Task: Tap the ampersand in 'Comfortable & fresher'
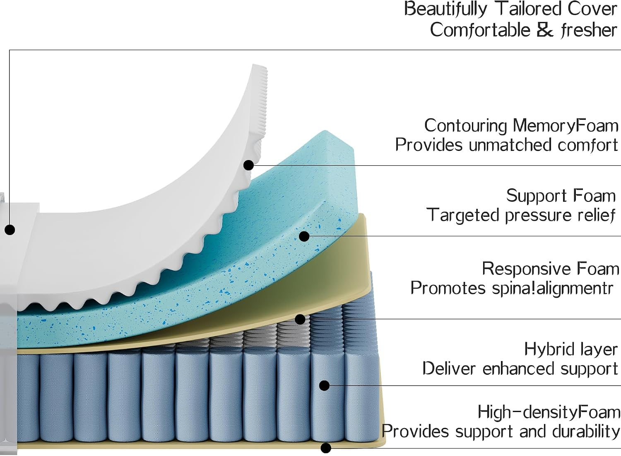pyautogui.click(x=545, y=30)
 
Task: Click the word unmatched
pyautogui.click(x=510, y=145)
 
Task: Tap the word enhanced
pyautogui.click(x=519, y=369)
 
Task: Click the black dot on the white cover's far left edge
pyautogui.click(x=10, y=230)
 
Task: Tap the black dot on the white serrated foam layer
pyautogui.click(x=249, y=165)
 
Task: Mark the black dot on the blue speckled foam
pyautogui.click(x=304, y=236)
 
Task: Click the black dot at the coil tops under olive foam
pyautogui.click(x=300, y=319)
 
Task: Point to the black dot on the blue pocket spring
pyautogui.click(x=324, y=386)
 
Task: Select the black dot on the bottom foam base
pyautogui.click(x=326, y=448)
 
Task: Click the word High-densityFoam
pyautogui.click(x=549, y=412)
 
